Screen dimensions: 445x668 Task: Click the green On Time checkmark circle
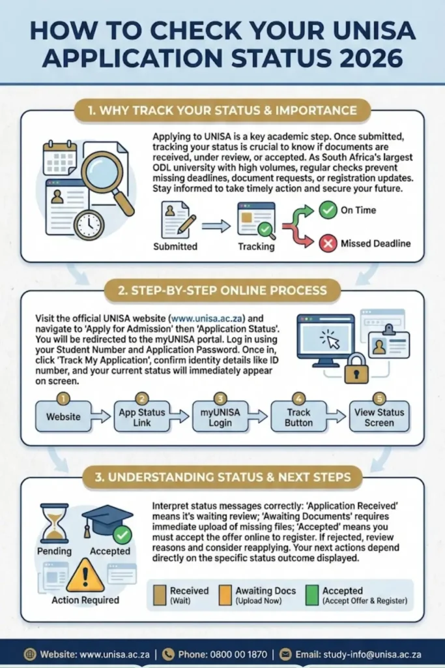point(328,210)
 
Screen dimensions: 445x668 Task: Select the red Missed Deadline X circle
point(328,243)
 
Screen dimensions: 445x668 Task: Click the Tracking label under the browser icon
point(256,247)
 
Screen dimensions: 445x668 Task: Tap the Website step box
point(63,416)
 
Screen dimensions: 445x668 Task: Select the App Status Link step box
point(141,416)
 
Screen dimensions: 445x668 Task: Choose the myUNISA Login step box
point(220,416)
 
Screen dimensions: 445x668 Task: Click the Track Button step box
point(298,416)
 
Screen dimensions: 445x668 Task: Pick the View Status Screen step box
point(379,416)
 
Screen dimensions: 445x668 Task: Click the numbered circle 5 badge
point(379,399)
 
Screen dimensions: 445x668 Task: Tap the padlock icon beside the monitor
point(356,369)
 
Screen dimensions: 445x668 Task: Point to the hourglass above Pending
point(54,523)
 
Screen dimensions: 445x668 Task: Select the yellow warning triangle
point(85,575)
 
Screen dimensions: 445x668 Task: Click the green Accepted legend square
point(312,595)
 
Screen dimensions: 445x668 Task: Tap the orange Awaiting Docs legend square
point(225,595)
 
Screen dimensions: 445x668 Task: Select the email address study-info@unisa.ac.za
point(372,654)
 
